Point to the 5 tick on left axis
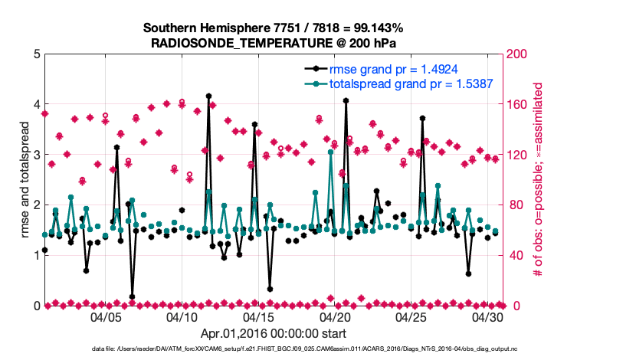(x=37, y=54)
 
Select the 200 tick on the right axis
(x=518, y=54)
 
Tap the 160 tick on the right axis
(x=518, y=104)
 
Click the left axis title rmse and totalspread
(x=25, y=179)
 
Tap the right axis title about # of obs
(x=538, y=180)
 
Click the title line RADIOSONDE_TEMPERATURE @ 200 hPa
(x=274, y=42)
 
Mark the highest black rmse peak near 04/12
(x=208, y=97)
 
